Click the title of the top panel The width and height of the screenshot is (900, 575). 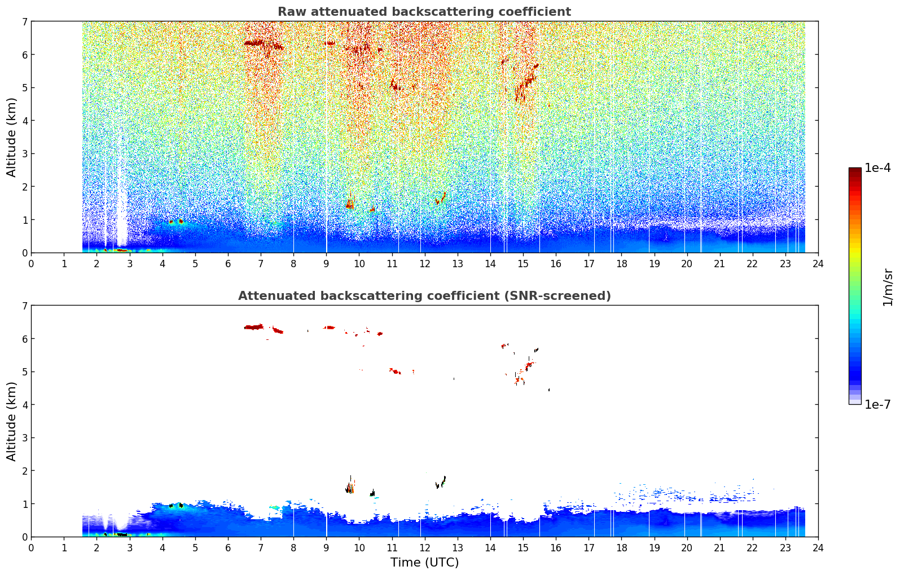[424, 12]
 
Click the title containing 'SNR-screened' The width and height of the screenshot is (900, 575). [424, 296]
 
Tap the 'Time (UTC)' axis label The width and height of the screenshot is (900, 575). [424, 562]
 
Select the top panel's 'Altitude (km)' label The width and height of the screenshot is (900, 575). [11, 138]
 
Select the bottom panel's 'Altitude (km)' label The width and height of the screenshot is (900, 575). [11, 421]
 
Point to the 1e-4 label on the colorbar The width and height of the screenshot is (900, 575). [877, 168]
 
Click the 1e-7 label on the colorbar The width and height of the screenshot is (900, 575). [877, 404]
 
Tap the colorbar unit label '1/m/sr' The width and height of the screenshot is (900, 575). [888, 287]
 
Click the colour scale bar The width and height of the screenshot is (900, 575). [855, 286]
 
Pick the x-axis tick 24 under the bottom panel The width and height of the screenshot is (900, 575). [818, 548]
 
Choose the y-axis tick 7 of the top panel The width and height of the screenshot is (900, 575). [25, 21]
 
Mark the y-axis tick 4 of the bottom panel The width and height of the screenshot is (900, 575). [25, 405]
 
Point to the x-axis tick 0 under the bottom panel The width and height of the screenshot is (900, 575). [32, 548]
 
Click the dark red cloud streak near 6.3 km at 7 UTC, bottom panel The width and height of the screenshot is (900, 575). [254, 328]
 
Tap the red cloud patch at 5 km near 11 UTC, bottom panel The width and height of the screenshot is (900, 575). [396, 371]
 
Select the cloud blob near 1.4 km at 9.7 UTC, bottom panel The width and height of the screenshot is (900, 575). [350, 486]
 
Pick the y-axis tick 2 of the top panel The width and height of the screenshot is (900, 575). [25, 187]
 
